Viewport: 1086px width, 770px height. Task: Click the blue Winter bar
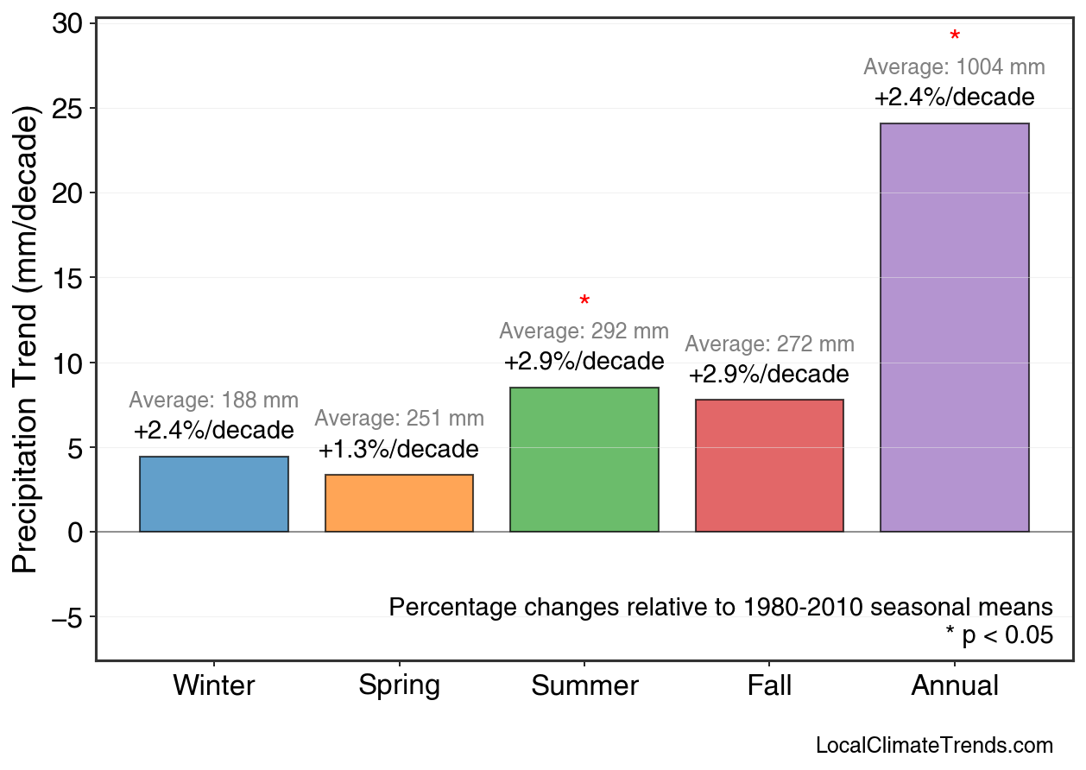pyautogui.click(x=214, y=494)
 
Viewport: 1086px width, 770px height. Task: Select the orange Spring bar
pyautogui.click(x=399, y=503)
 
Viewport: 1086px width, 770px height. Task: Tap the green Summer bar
pyautogui.click(x=584, y=459)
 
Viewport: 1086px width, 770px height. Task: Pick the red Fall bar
pyautogui.click(x=769, y=465)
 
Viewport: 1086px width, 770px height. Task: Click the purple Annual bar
pyautogui.click(x=954, y=327)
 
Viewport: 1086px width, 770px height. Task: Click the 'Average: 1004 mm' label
pyautogui.click(x=954, y=67)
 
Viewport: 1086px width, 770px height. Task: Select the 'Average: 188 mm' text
pyautogui.click(x=214, y=401)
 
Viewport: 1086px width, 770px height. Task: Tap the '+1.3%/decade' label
pyautogui.click(x=399, y=450)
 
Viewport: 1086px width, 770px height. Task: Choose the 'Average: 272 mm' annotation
pyautogui.click(x=769, y=344)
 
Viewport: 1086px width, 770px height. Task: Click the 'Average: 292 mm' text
pyautogui.click(x=584, y=331)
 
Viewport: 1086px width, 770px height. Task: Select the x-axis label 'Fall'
pyautogui.click(x=769, y=686)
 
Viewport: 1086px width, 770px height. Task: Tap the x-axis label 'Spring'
pyautogui.click(x=399, y=686)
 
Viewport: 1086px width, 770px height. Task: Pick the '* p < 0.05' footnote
pyautogui.click(x=999, y=635)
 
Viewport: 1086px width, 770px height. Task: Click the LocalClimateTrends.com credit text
pyautogui.click(x=934, y=745)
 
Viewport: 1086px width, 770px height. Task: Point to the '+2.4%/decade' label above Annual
pyautogui.click(x=954, y=97)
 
